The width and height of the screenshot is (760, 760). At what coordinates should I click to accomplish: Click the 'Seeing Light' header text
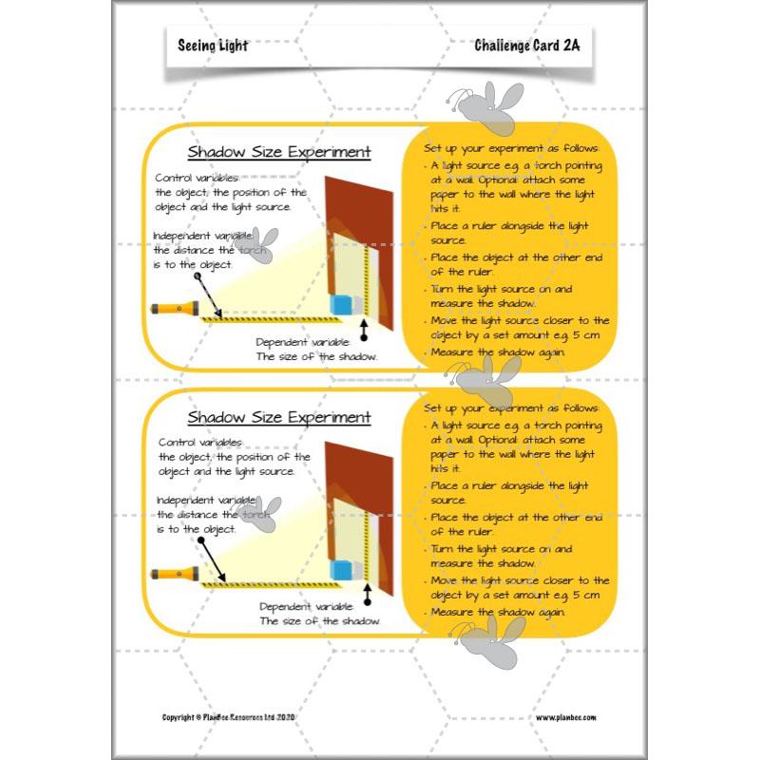pyautogui.click(x=212, y=46)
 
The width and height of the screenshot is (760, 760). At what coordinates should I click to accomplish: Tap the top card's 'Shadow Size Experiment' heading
pyautogui.click(x=278, y=153)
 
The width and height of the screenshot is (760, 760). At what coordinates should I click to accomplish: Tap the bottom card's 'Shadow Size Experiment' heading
pyautogui.click(x=278, y=418)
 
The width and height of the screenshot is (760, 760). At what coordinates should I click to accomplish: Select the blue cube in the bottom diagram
pyautogui.click(x=340, y=568)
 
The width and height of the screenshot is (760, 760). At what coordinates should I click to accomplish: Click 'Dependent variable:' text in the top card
pyautogui.click(x=304, y=341)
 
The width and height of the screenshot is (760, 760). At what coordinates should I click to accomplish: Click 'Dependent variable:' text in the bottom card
pyautogui.click(x=306, y=605)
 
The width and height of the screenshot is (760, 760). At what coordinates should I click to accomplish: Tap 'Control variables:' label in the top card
pyautogui.click(x=200, y=178)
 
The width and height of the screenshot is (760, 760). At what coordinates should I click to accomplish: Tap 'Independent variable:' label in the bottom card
pyautogui.click(x=205, y=499)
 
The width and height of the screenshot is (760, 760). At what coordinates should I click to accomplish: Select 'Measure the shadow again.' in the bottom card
pyautogui.click(x=497, y=612)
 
